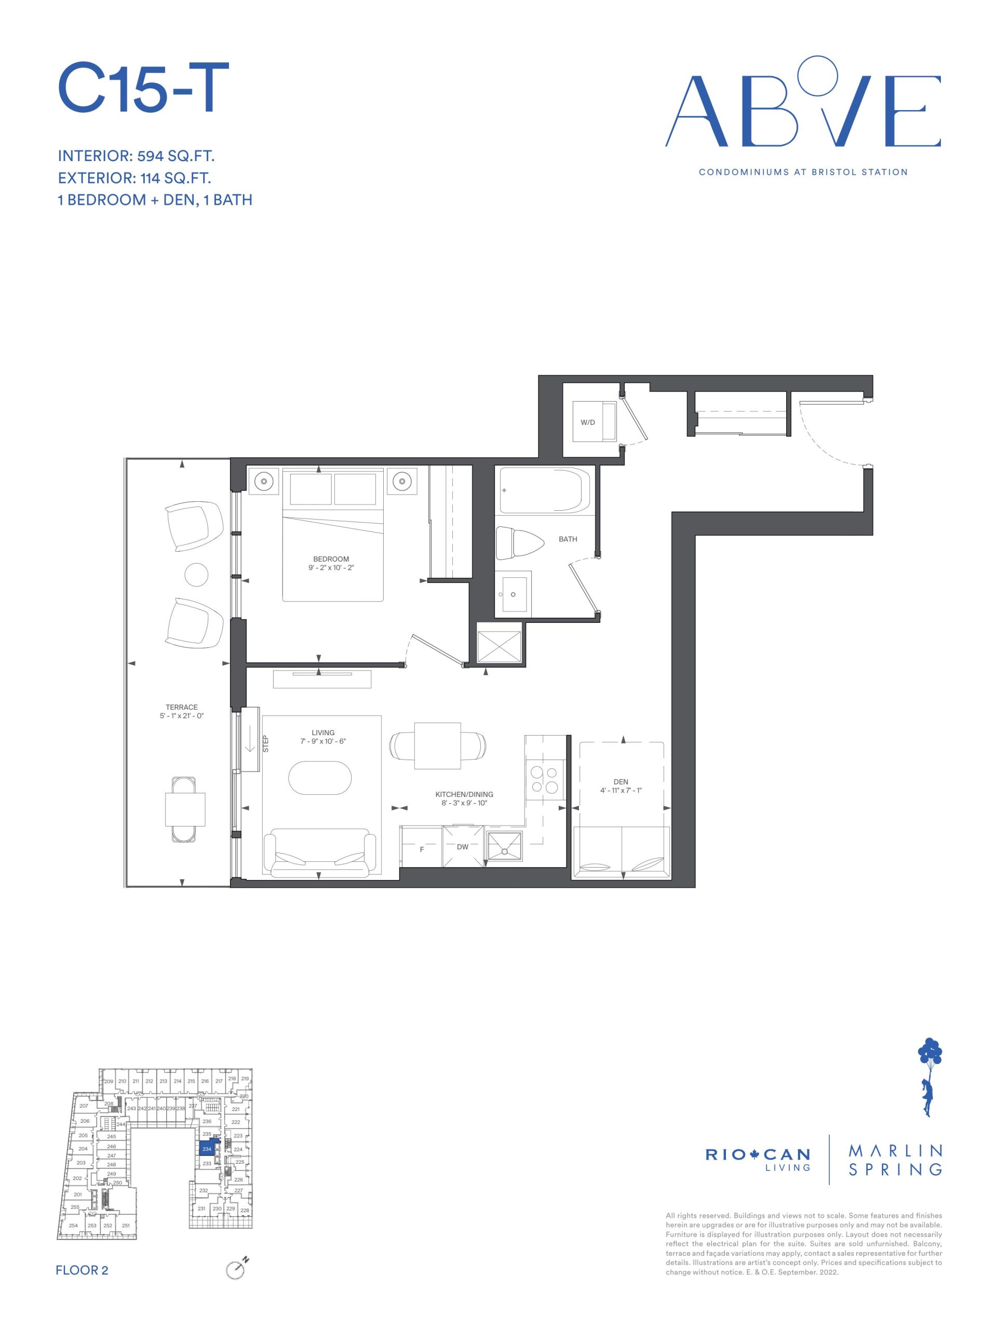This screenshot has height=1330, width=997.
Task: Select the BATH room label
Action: [x=568, y=539]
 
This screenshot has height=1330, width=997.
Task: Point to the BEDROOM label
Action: [x=331, y=558]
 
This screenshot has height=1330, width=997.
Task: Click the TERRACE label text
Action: [x=182, y=707]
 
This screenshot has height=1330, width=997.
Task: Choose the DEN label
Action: [x=621, y=782]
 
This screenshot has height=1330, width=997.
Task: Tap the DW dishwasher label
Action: [x=462, y=847]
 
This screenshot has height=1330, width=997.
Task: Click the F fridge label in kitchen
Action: [x=422, y=850]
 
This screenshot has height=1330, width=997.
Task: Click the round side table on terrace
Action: [x=196, y=574]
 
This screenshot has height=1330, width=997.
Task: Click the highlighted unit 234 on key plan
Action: [x=207, y=1148]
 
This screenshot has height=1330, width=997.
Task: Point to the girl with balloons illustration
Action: [x=929, y=1071]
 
